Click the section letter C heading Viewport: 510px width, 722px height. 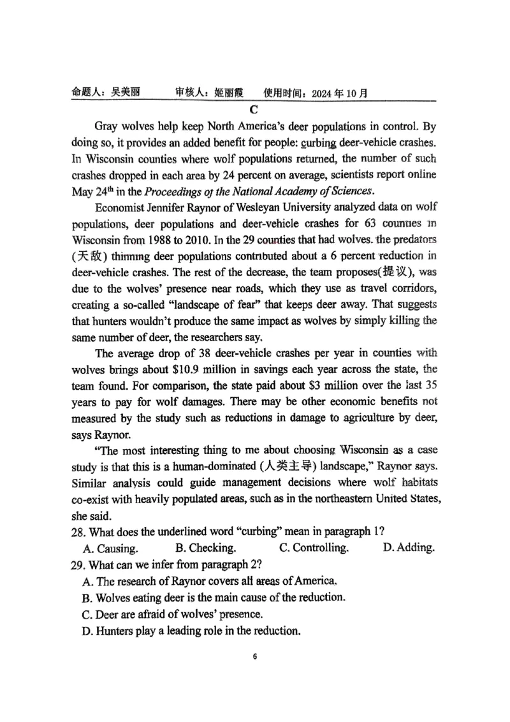coord(253,110)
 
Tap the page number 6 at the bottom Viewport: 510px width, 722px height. coord(254,656)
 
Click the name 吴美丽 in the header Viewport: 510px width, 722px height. coord(125,92)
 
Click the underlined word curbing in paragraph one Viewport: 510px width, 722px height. coord(337,142)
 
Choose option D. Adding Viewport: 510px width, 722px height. coord(409,548)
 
